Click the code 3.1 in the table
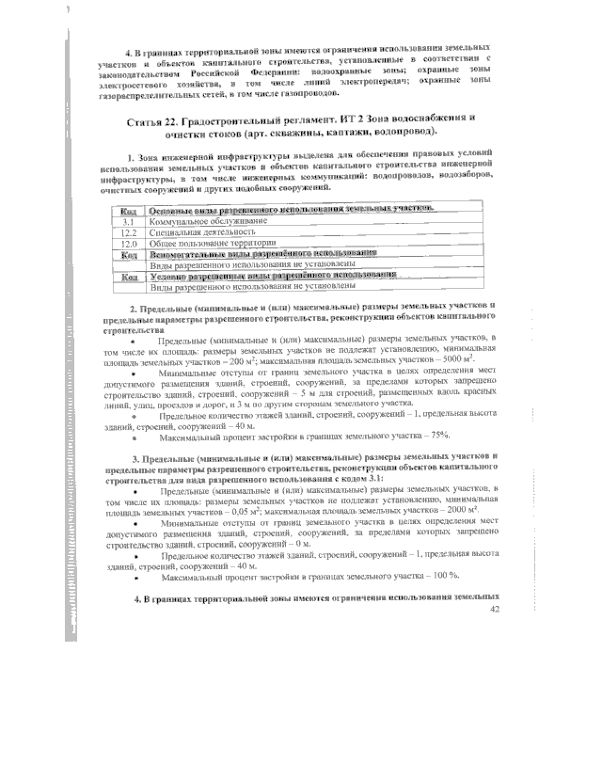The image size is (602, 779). point(132,219)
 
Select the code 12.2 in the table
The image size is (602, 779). point(131,231)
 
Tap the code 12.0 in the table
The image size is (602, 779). point(131,242)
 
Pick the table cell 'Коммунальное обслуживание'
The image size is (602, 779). point(201,219)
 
